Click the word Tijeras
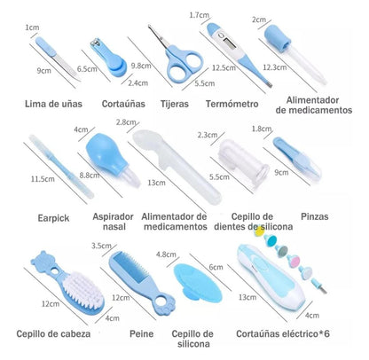pos(175,104)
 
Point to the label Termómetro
pos(232,104)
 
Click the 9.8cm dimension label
pos(141,66)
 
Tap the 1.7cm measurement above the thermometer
pos(200,14)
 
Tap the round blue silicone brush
pos(198,283)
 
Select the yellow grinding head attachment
pos(259,231)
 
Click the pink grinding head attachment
pos(294,261)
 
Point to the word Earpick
pos(53,218)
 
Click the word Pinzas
pos(315,216)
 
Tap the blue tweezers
pos(297,158)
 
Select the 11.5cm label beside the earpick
pos(43,179)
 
